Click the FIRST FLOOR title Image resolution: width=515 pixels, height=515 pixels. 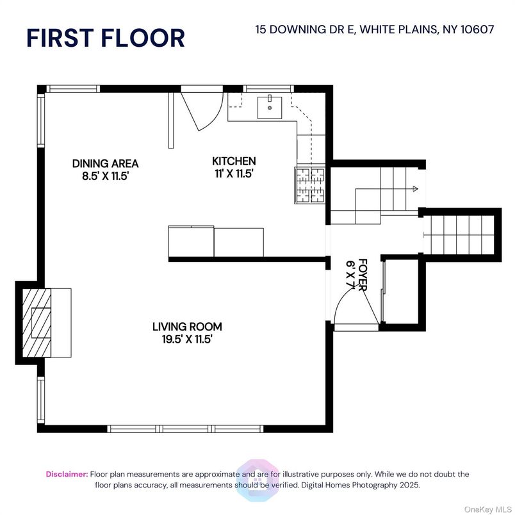[106, 38]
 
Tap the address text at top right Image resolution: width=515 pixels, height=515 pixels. [375, 29]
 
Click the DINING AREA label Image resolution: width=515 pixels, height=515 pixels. [106, 163]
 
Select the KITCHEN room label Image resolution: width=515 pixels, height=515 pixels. [234, 161]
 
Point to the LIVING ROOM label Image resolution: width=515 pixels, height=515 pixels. [187, 327]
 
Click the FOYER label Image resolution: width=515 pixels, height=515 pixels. [363, 275]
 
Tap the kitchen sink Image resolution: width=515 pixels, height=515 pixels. [269, 107]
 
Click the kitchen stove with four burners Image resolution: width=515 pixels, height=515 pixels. [310, 185]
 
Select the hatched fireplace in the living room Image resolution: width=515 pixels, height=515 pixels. [37, 323]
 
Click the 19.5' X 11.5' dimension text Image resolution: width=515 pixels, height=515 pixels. [187, 339]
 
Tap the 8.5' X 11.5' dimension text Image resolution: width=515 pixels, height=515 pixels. [105, 176]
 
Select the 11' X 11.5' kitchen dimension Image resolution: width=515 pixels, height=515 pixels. [234, 174]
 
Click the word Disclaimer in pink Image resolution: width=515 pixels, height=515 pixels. [67, 474]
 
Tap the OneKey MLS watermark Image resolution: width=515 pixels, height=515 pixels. [487, 509]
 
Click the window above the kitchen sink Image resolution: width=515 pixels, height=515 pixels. [268, 88]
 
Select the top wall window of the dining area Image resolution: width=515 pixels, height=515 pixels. [73, 88]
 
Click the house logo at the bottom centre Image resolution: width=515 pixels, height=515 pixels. [257, 480]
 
